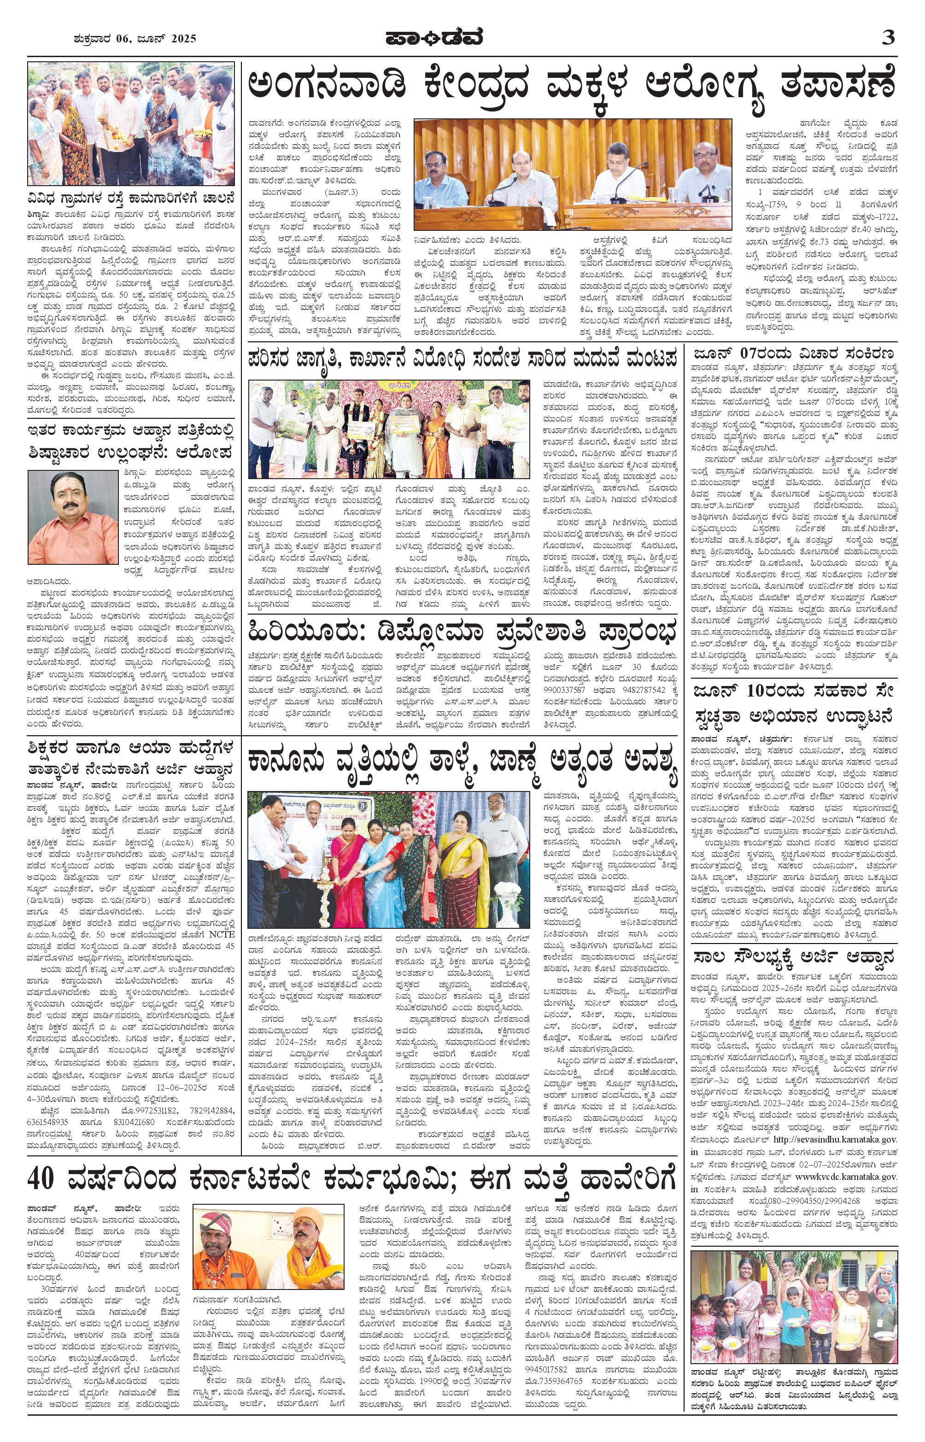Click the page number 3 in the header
pyautogui.click(x=888, y=38)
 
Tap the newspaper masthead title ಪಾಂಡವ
pyautogui.click(x=433, y=38)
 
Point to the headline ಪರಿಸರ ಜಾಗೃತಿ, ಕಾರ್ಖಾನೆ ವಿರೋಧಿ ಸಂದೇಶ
pyautogui.click(x=462, y=360)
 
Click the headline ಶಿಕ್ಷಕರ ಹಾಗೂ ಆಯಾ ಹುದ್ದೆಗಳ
pyautogui.click(x=131, y=749)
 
